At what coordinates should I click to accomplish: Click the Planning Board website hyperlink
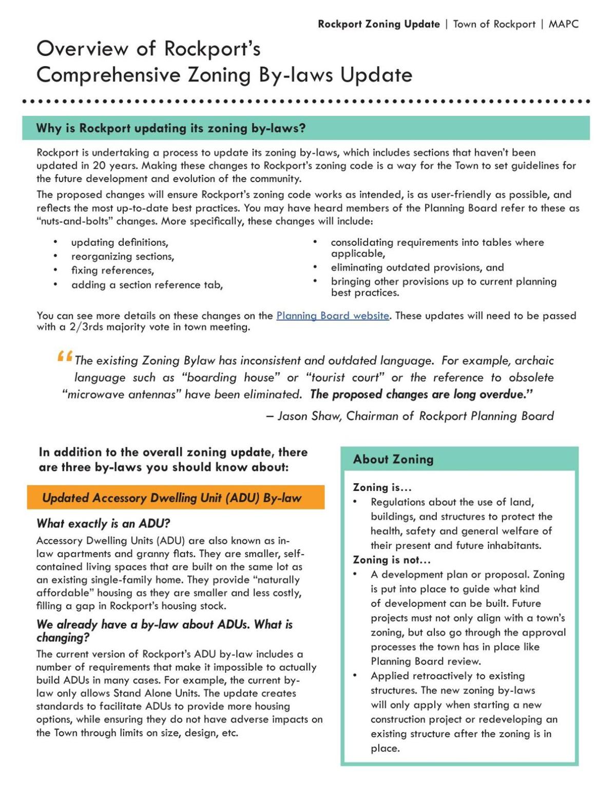pos(333,316)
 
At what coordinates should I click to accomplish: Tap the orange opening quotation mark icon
pos(65,356)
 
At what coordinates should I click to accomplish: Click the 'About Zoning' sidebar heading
pos(393,460)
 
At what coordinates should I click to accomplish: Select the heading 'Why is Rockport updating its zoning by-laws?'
pos(171,128)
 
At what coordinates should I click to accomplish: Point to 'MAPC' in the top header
pos(563,24)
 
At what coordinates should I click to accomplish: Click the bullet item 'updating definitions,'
pos(120,243)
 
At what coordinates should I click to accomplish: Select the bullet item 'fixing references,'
pos(112,271)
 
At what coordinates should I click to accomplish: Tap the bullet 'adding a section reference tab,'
pos(147,285)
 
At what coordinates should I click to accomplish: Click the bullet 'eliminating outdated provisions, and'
pos(417,268)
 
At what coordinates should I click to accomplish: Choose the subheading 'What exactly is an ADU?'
pos(103,524)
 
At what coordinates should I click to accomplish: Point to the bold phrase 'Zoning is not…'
pos(392,560)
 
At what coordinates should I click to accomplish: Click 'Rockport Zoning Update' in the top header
pos(378,24)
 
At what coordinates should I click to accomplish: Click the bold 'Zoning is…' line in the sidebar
pos(382,488)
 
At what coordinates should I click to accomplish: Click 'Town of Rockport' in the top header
pos(494,24)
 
